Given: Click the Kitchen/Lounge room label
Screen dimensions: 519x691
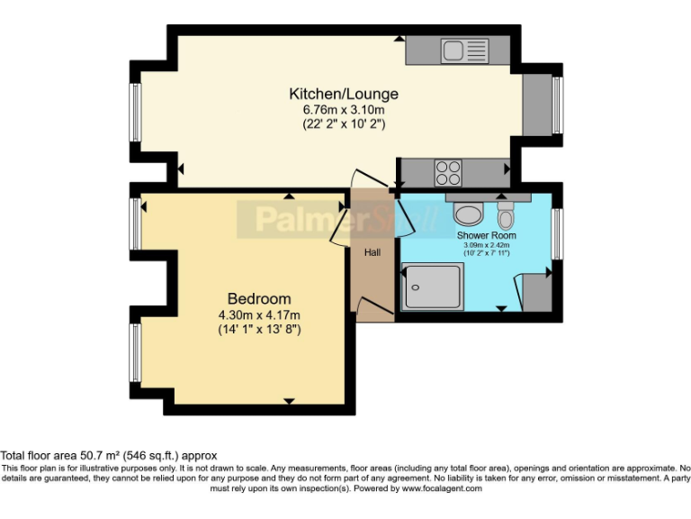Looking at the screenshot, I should click(x=343, y=94).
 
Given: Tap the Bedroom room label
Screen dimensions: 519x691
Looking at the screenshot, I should click(x=259, y=299).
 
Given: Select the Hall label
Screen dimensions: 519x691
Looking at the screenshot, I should click(x=372, y=252).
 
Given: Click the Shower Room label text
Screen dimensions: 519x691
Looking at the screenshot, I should click(x=486, y=235).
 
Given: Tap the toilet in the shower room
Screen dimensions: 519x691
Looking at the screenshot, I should click(x=506, y=214).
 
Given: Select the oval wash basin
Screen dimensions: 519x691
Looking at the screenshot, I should click(x=468, y=214).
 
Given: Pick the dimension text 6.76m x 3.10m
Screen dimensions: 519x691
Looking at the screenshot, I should click(x=343, y=110).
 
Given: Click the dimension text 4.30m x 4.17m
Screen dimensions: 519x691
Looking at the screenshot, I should click(x=259, y=314).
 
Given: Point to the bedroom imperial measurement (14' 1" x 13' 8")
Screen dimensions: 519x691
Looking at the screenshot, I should click(x=259, y=330).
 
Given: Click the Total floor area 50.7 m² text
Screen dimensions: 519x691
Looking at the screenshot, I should click(x=109, y=456).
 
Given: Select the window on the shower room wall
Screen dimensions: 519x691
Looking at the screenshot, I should click(x=558, y=234).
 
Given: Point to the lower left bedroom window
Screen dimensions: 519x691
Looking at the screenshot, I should click(x=135, y=352).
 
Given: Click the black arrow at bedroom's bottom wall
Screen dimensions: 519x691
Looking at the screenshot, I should click(x=289, y=401).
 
